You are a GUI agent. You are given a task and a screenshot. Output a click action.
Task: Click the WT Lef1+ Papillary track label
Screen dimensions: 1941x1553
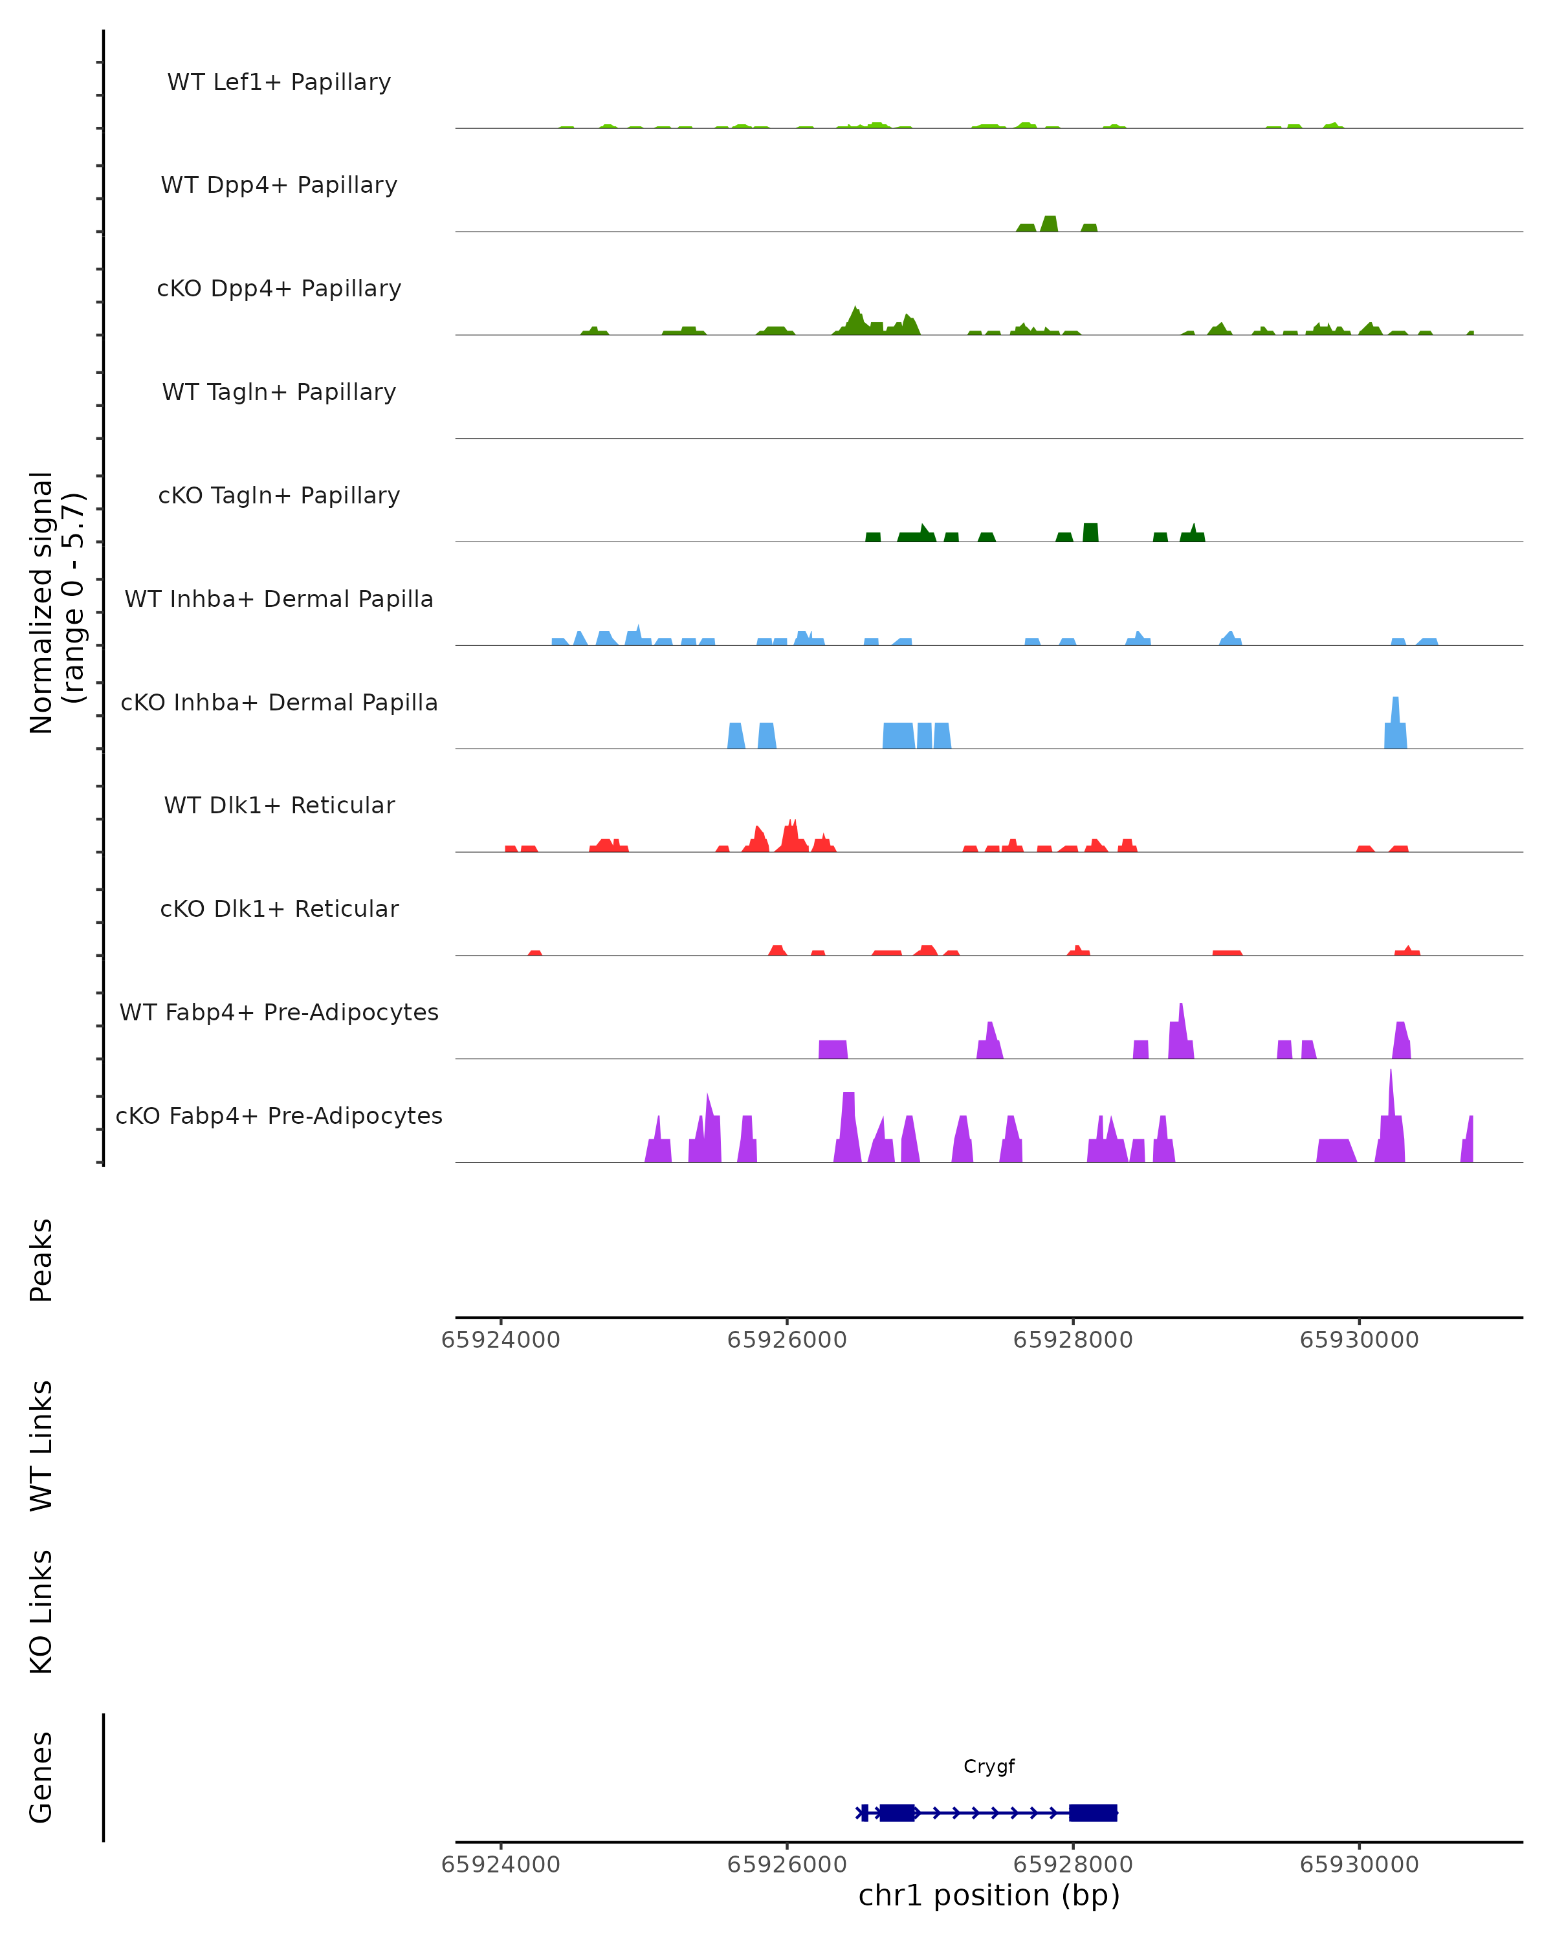[x=279, y=82]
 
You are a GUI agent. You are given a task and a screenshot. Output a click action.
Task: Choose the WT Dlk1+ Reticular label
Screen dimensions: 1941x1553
[x=279, y=805]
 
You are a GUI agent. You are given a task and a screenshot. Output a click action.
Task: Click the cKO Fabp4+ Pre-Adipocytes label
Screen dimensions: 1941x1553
[x=279, y=1115]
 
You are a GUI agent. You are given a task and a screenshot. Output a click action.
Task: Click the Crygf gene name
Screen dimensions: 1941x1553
[x=989, y=1766]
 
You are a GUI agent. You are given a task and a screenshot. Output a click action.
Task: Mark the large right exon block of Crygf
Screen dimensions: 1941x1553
[x=1093, y=1812]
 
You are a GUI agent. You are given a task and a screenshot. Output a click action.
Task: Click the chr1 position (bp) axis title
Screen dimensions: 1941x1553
[x=989, y=1895]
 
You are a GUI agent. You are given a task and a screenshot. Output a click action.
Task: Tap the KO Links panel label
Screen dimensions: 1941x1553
[x=41, y=1612]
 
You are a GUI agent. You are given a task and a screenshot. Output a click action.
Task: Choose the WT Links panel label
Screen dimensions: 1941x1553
[x=41, y=1445]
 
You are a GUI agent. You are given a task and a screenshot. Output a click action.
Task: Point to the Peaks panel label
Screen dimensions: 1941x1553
[x=41, y=1260]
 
